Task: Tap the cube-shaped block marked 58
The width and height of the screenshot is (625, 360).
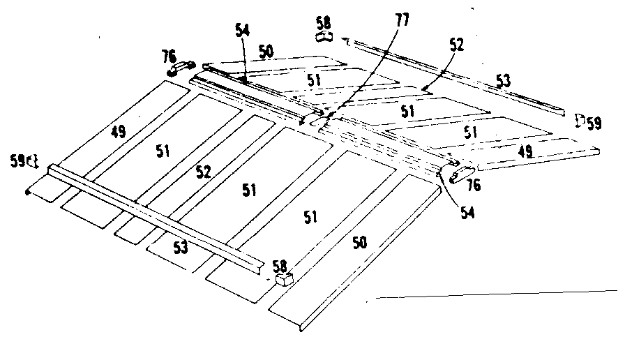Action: tap(283, 280)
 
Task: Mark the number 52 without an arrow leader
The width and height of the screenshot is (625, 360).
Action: tap(203, 172)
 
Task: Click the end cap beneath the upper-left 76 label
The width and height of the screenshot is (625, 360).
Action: tap(181, 68)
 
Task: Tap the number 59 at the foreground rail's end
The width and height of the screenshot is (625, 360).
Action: tap(19, 160)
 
